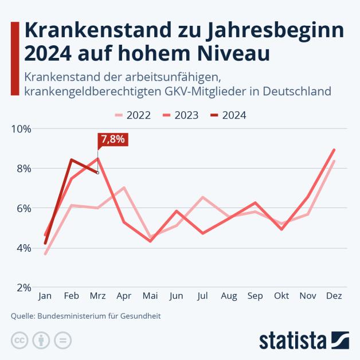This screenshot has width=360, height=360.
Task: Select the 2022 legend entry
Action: [132, 115]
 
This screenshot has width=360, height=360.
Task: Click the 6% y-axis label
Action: [23, 209]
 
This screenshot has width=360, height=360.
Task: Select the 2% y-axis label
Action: [23, 288]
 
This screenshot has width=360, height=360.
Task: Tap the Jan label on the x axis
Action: [45, 296]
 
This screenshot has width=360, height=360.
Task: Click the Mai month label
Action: [150, 296]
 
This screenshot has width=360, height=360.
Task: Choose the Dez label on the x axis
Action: [334, 296]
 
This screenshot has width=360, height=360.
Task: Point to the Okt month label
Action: [281, 296]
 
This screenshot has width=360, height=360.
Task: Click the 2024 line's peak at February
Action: [71, 159]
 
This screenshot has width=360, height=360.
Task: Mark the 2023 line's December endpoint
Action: [334, 150]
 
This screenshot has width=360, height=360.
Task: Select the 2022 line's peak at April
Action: [124, 187]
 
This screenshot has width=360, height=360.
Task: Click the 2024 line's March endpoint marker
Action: [97, 173]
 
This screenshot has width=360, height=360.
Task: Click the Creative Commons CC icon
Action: [19, 340]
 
